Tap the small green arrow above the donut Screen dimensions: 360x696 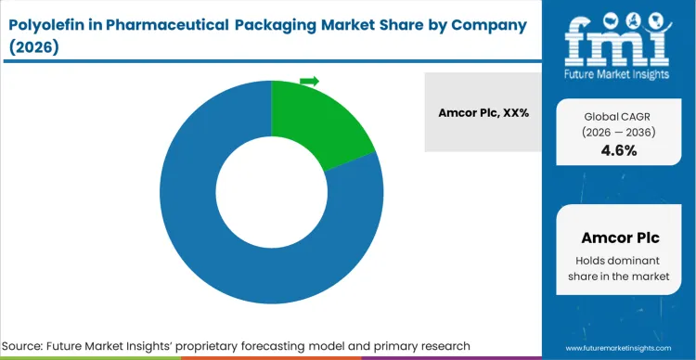tap(309, 82)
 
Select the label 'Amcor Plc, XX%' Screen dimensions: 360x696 tap(483, 112)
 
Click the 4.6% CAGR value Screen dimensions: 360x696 tap(620, 150)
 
